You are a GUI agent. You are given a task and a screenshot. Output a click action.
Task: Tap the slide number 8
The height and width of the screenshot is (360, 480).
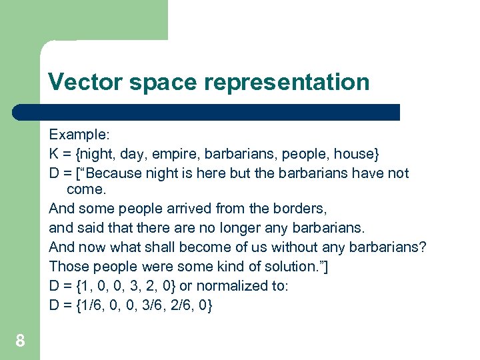[x=20, y=341]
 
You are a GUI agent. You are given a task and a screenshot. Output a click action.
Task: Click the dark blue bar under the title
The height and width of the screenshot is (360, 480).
[x=207, y=111]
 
